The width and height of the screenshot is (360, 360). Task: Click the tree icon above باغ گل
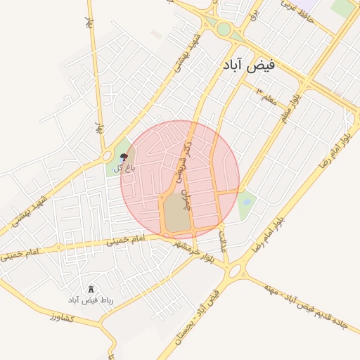pyautogui.click(x=124, y=156)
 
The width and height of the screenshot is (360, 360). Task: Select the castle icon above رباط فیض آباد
pyautogui.click(x=91, y=289)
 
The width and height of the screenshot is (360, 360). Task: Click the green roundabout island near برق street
pyautogui.click(x=224, y=30)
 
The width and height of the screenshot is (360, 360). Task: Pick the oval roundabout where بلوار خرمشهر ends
pyautogui.click(x=235, y=271)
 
